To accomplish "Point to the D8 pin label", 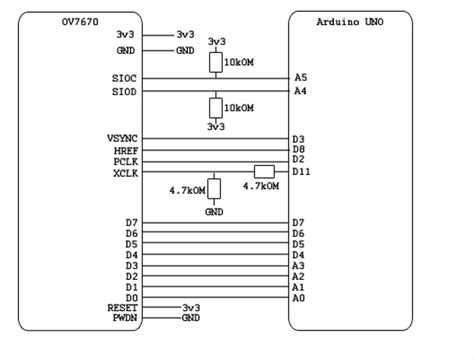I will tap(299, 149).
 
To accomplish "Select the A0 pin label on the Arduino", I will tap(299, 297).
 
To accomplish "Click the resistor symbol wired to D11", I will tap(264, 171).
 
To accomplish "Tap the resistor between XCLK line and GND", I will tap(214, 189).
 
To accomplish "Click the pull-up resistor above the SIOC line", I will tap(214, 62).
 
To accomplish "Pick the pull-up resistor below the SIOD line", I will tap(214, 107).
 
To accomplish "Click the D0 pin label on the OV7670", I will tap(131, 297).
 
